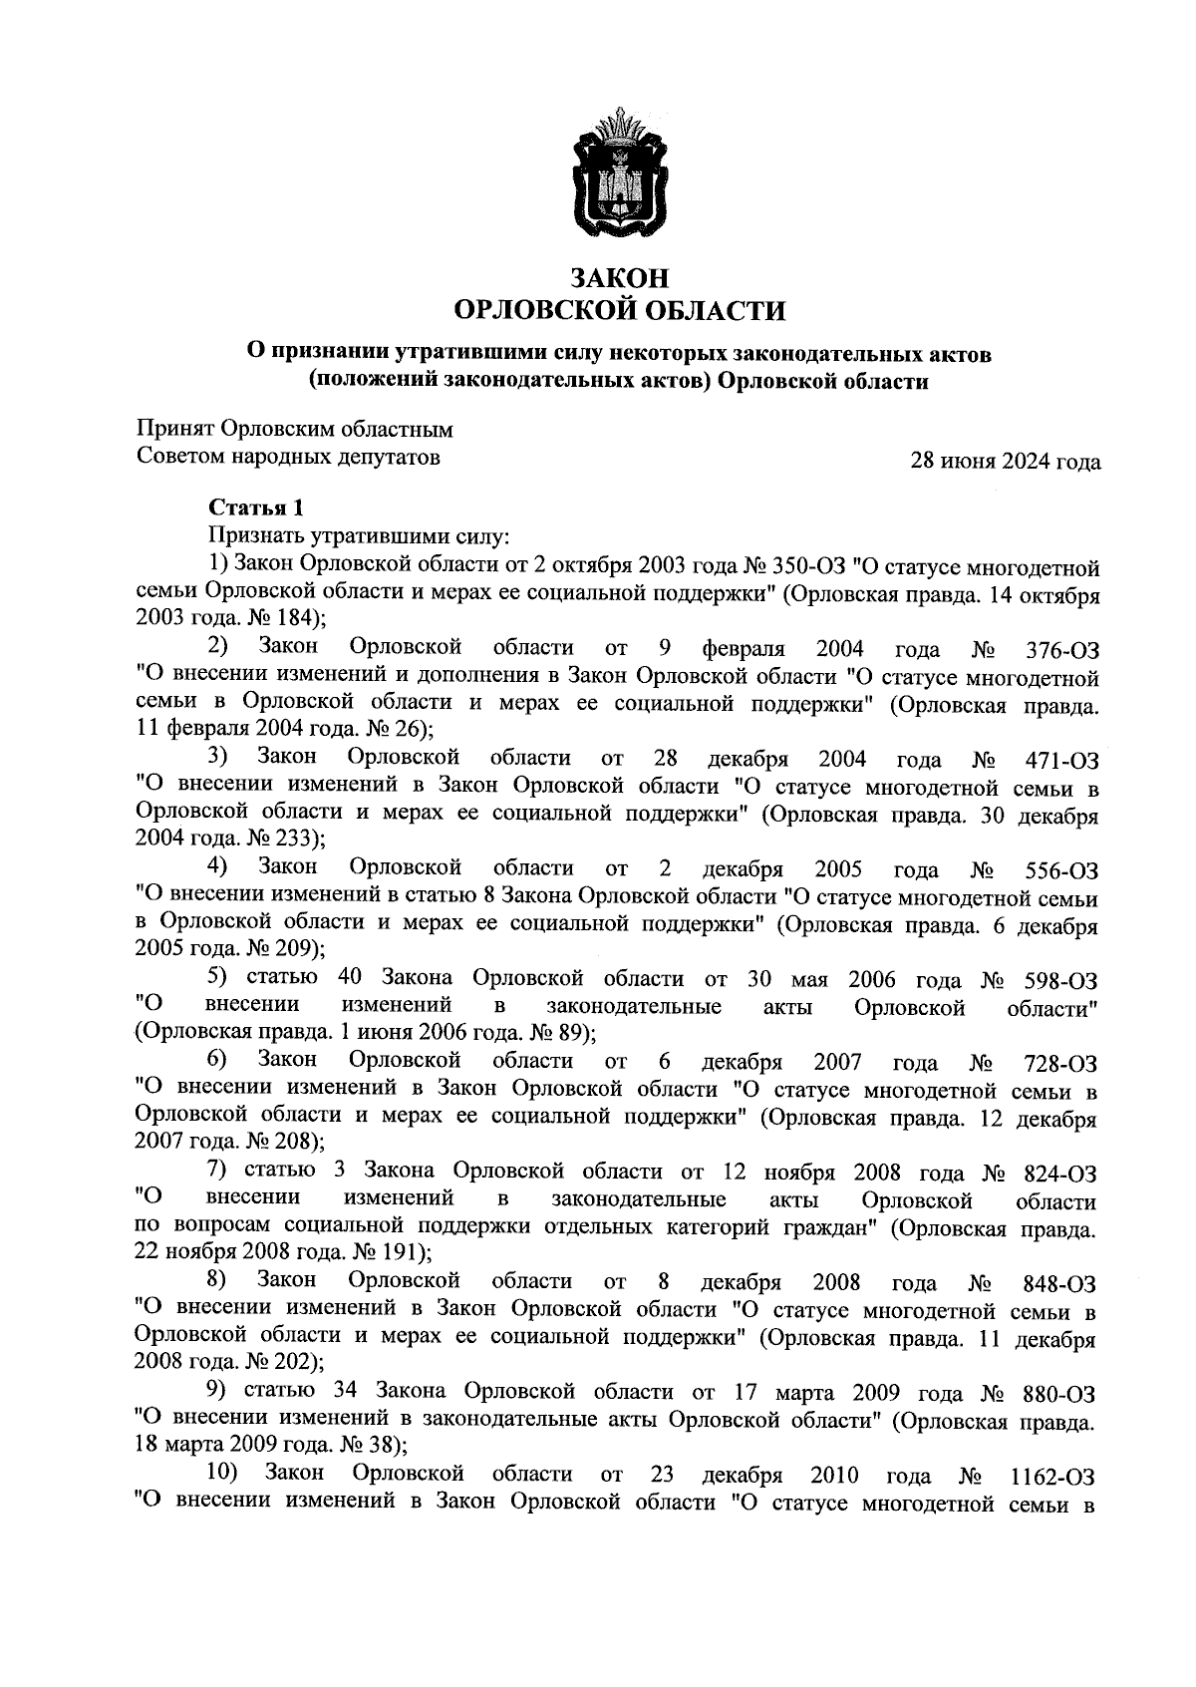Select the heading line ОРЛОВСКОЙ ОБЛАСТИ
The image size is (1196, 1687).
tap(619, 312)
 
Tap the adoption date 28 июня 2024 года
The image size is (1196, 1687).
tap(1006, 462)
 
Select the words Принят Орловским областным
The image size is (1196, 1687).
tap(294, 430)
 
